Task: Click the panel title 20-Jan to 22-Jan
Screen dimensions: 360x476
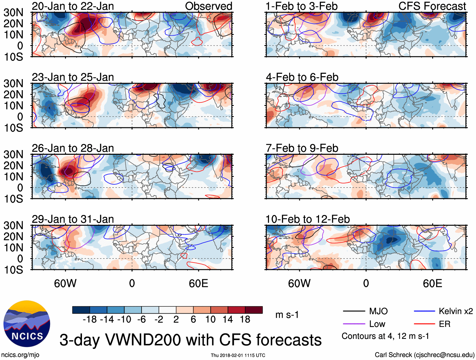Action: click(x=73, y=6)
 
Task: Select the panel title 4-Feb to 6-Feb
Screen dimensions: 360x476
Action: click(x=302, y=77)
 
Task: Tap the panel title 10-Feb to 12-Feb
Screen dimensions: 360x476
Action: click(x=308, y=219)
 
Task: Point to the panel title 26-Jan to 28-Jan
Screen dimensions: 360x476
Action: click(x=73, y=148)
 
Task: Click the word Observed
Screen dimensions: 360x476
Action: click(x=208, y=6)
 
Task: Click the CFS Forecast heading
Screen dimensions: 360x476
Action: click(x=432, y=6)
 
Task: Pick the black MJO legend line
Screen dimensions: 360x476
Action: click(x=354, y=311)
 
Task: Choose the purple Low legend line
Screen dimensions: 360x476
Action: click(x=354, y=324)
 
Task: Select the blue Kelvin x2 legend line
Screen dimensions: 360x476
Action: click(x=424, y=311)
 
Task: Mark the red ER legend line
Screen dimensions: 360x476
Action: click(x=424, y=324)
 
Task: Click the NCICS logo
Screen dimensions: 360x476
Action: click(x=27, y=324)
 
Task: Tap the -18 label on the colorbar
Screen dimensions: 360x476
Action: click(x=90, y=320)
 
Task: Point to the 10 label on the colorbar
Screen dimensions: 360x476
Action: click(x=210, y=320)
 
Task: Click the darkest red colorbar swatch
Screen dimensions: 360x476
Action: click(x=254, y=310)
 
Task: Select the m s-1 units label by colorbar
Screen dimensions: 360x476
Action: click(x=287, y=315)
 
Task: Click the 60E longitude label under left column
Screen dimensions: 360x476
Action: click(x=198, y=283)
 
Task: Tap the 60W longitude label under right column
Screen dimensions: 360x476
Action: click(x=299, y=283)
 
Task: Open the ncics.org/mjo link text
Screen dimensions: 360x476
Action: click(x=20, y=355)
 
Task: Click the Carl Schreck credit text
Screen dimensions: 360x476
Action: click(x=424, y=355)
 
